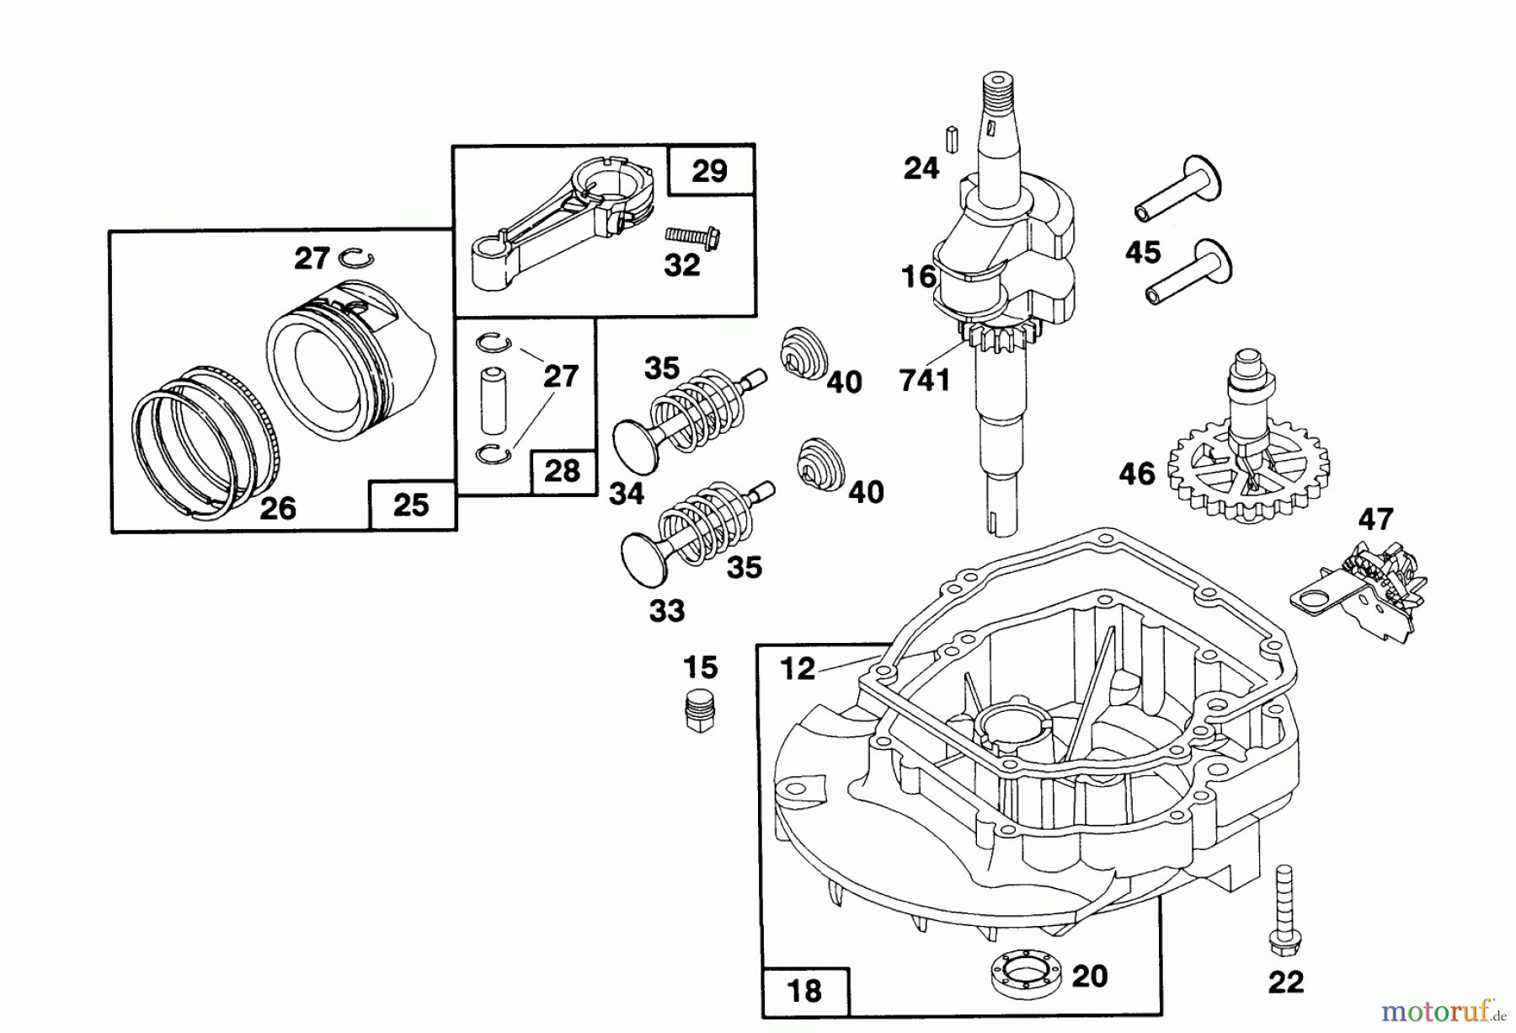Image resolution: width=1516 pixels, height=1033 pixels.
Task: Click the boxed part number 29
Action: (x=709, y=171)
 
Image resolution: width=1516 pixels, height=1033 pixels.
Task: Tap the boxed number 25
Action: (x=410, y=506)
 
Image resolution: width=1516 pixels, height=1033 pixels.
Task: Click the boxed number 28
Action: (x=562, y=470)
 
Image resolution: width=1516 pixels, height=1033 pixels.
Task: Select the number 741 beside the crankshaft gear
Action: (x=925, y=381)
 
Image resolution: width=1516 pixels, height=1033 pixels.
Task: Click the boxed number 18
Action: (x=805, y=991)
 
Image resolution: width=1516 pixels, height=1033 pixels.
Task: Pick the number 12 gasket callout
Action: (x=798, y=669)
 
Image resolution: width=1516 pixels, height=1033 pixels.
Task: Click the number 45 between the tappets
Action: (x=1143, y=252)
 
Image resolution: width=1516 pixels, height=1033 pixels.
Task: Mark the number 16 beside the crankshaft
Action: (x=918, y=276)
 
